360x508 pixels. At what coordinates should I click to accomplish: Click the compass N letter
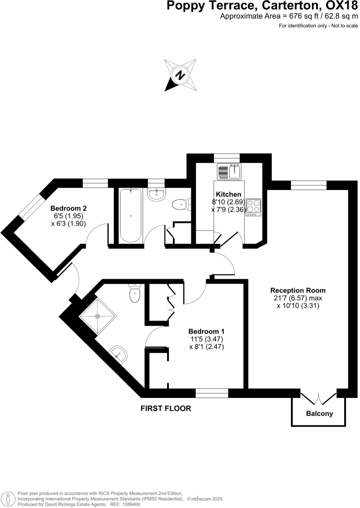(180, 75)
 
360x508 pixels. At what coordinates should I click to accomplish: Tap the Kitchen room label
(228, 194)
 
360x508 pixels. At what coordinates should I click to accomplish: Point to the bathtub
(130, 215)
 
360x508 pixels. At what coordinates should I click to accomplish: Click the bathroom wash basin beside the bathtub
(157, 194)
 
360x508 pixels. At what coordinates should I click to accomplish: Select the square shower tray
(98, 316)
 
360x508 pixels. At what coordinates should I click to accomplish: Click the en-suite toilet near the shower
(135, 293)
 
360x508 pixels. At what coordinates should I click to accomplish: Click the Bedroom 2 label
(68, 208)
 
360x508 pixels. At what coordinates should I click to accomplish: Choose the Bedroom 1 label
(206, 331)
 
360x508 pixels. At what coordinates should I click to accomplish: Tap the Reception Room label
(298, 290)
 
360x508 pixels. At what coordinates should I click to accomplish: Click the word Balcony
(319, 414)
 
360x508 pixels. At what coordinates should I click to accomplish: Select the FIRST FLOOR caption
(166, 408)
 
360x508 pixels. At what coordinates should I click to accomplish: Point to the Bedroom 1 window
(212, 393)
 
